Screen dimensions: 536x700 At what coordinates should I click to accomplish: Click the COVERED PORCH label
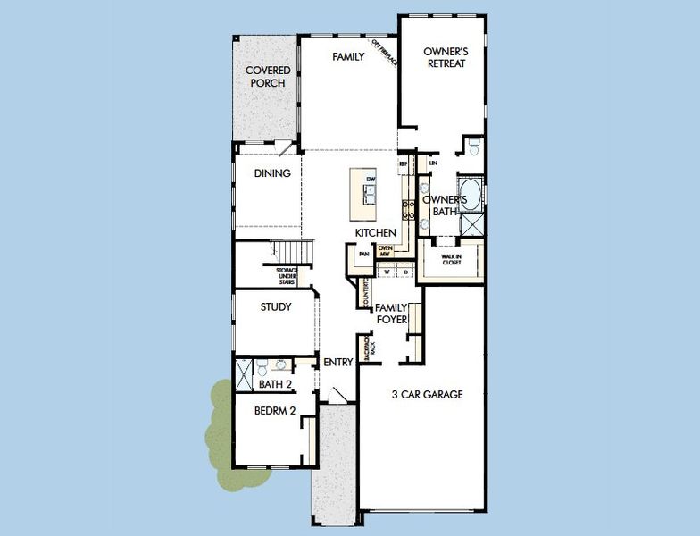pyautogui.click(x=265, y=76)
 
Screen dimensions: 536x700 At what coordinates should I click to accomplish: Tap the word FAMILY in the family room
pyautogui.click(x=348, y=57)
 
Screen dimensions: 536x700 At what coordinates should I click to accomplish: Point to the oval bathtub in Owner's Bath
pyautogui.click(x=471, y=193)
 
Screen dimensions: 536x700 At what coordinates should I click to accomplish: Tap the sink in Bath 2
pyautogui.click(x=280, y=365)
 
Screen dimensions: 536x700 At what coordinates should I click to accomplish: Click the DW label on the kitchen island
pyautogui.click(x=368, y=180)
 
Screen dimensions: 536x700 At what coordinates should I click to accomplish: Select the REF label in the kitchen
pyautogui.click(x=403, y=164)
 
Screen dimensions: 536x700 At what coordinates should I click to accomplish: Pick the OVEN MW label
pyautogui.click(x=386, y=252)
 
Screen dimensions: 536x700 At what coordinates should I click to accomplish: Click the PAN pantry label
pyautogui.click(x=363, y=254)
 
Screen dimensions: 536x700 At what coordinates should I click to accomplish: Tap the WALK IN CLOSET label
pyautogui.click(x=450, y=260)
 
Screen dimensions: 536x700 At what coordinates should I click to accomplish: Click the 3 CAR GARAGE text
pyautogui.click(x=427, y=394)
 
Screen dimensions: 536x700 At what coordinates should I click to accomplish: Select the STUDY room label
pyautogui.click(x=276, y=307)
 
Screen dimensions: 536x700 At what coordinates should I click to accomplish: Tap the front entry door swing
pyautogui.click(x=334, y=395)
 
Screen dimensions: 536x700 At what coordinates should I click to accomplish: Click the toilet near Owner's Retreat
pyautogui.click(x=473, y=145)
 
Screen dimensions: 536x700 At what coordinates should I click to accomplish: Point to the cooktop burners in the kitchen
pyautogui.click(x=410, y=210)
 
